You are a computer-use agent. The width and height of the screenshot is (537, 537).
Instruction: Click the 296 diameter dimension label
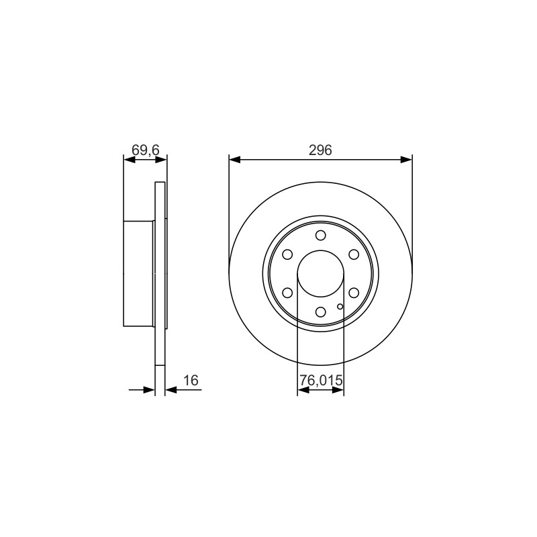tap(320, 150)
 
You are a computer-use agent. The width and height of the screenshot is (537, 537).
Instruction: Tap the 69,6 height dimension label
tap(146, 150)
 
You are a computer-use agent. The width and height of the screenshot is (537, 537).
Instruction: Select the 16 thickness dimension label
tap(191, 380)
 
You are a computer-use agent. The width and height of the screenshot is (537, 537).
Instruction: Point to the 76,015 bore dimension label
tap(321, 380)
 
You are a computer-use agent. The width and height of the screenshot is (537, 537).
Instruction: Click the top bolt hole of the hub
tap(321, 236)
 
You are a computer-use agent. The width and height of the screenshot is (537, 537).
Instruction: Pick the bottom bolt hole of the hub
tap(321, 311)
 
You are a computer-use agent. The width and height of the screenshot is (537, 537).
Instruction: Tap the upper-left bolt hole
tap(287, 254)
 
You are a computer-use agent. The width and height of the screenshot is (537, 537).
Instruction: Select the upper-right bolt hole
tap(354, 254)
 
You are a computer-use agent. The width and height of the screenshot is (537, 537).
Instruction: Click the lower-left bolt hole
tap(287, 293)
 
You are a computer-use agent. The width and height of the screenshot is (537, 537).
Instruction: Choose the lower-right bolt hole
tap(354, 293)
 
